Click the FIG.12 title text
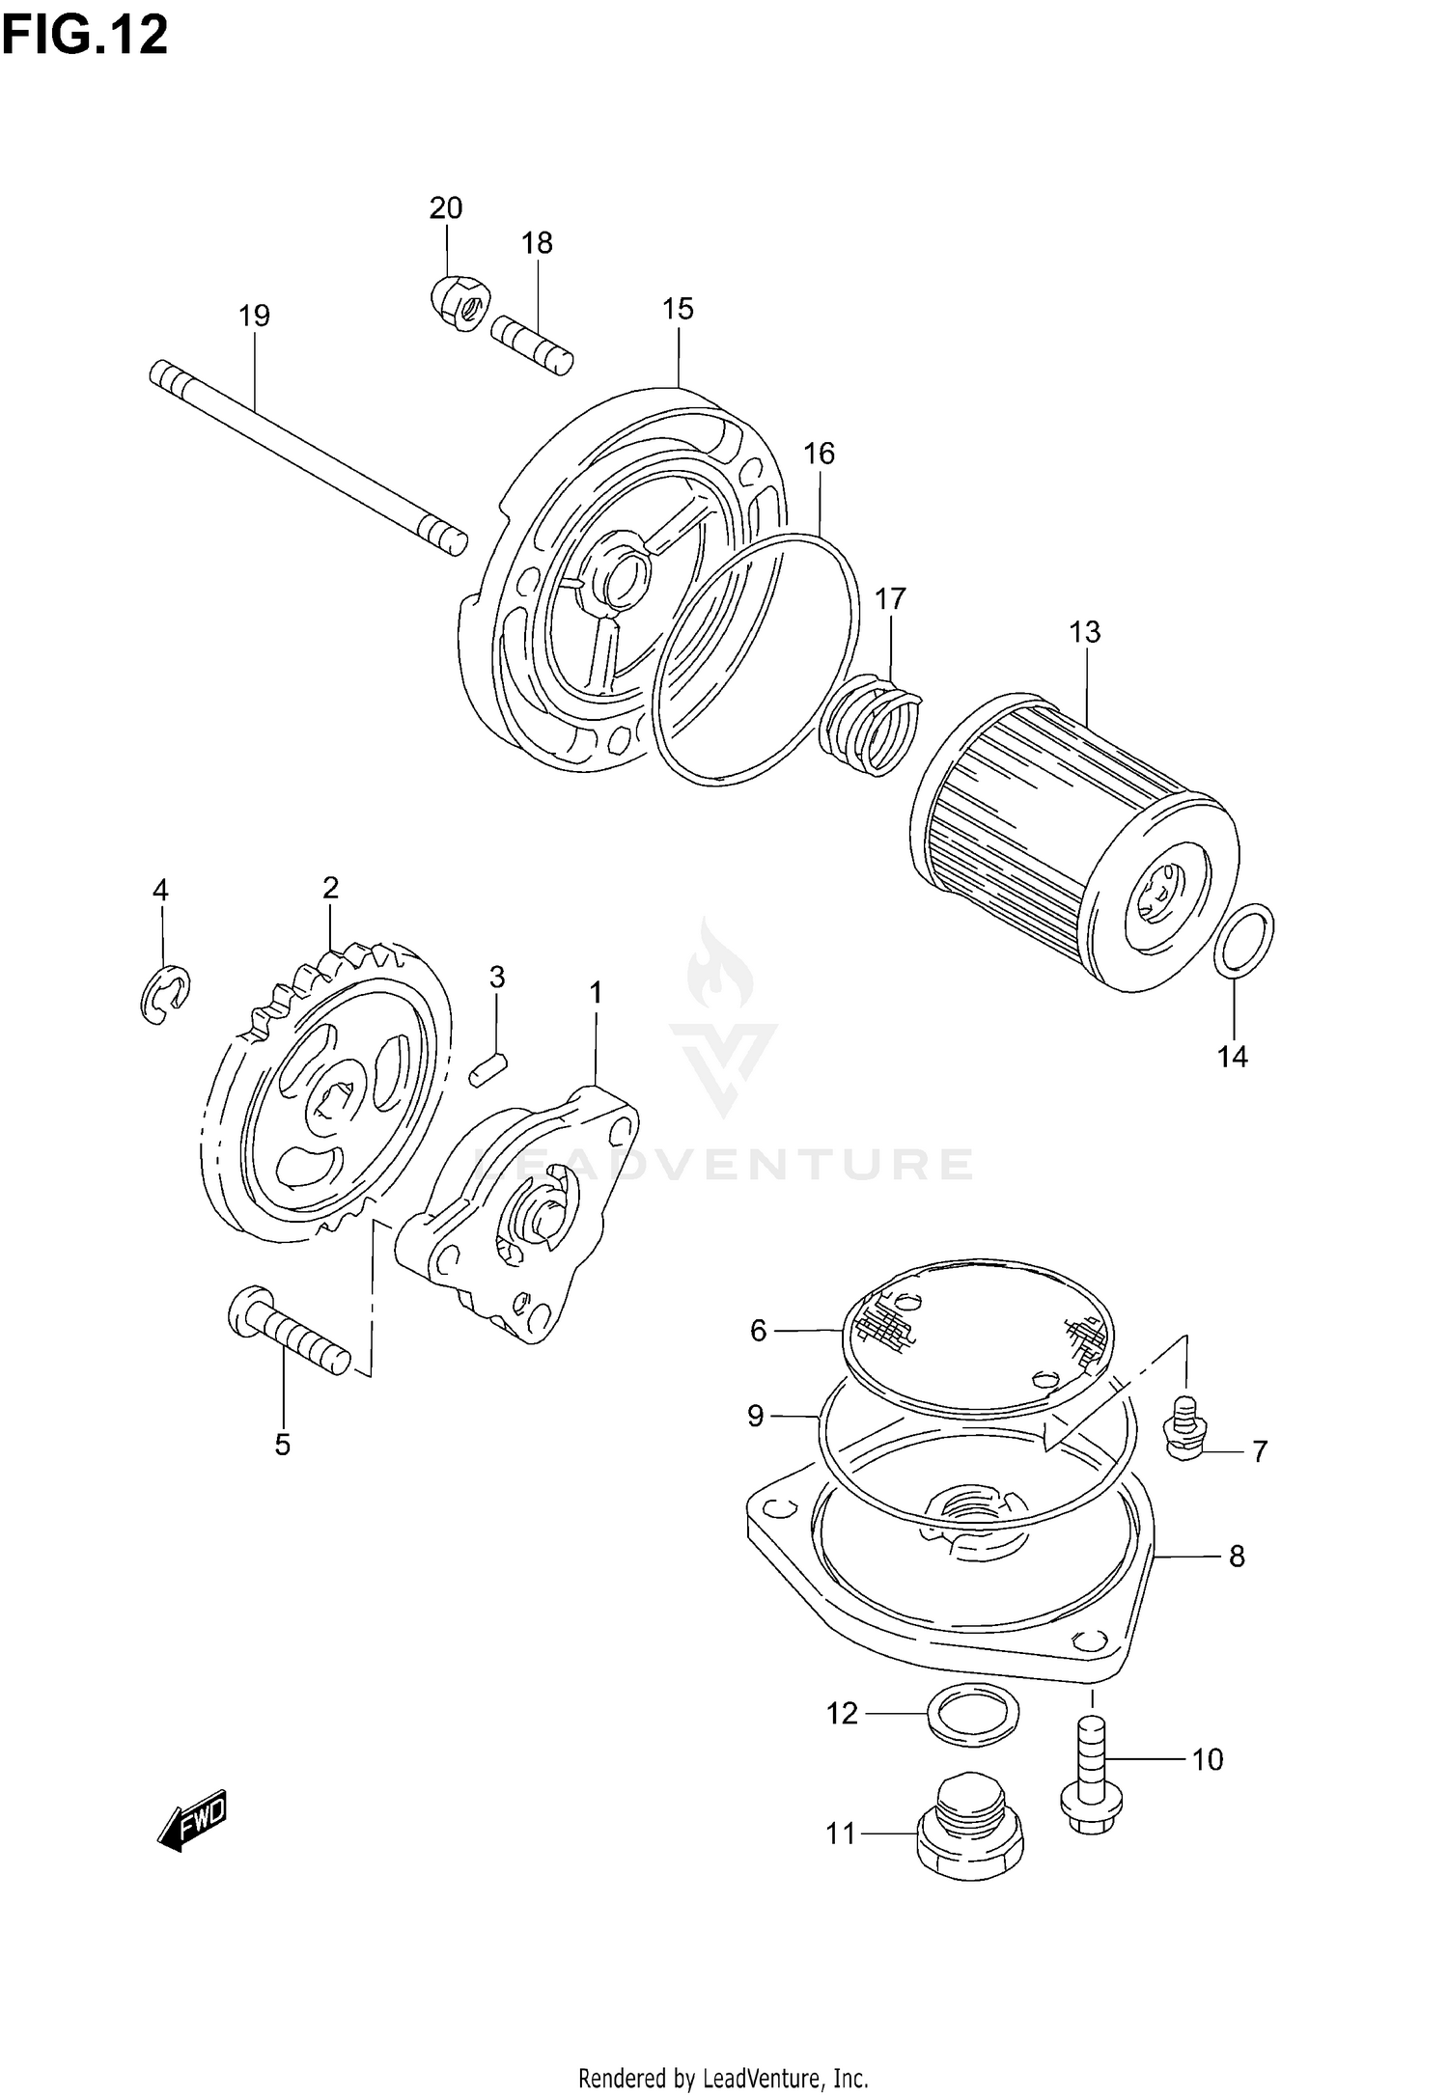[85, 36]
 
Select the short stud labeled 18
[532, 345]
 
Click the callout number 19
[255, 316]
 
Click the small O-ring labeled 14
[1243, 939]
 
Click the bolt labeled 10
[1092, 1775]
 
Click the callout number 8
[1237, 1557]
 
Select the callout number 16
[819, 454]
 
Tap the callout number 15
[678, 309]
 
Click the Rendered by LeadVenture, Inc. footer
[723, 2070]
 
